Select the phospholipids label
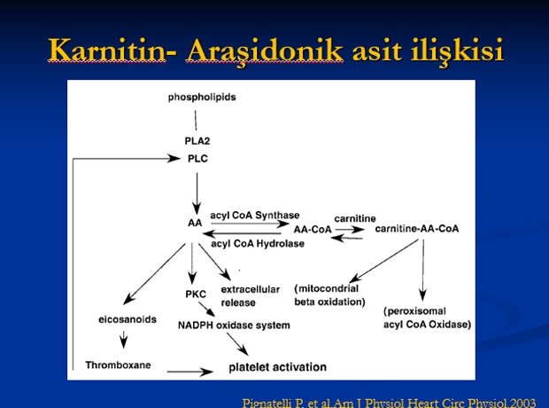point(202,98)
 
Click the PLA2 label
point(197,141)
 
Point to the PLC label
point(197,159)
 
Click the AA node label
point(195,223)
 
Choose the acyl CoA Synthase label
point(255,216)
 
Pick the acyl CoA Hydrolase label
point(258,243)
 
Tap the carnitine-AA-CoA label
point(417,229)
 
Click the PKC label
point(196,294)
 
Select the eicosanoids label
point(128,319)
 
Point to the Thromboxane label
point(119,365)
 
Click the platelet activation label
point(278,367)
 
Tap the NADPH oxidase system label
point(234,326)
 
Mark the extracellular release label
point(251,296)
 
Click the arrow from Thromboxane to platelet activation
point(189,372)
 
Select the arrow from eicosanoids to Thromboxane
point(123,339)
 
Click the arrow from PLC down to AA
point(197,193)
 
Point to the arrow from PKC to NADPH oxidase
point(206,309)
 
